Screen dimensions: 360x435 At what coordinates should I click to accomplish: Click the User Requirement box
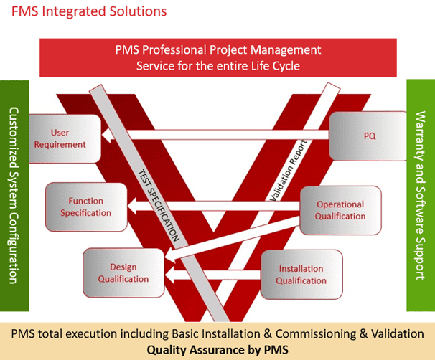pyautogui.click(x=69, y=138)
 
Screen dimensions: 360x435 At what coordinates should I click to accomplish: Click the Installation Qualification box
pyautogui.click(x=301, y=274)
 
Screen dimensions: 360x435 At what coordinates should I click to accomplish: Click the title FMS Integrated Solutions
pyautogui.click(x=84, y=11)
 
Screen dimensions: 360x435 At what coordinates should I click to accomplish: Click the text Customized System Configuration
pyautogui.click(x=14, y=195)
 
